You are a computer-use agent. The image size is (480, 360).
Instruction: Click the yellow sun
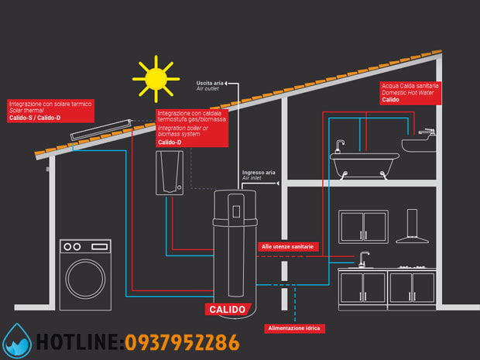(156, 79)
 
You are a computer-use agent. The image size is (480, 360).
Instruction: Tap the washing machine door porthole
(85, 279)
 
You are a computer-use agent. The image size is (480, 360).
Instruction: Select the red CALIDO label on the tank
(228, 309)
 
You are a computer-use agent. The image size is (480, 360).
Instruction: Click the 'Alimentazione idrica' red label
(294, 328)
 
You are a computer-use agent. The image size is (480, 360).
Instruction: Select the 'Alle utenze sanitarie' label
(288, 247)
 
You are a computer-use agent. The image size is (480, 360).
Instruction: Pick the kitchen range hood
(413, 226)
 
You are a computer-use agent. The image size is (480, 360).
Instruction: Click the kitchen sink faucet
(363, 259)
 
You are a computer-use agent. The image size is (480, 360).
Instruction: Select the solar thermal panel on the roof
(101, 130)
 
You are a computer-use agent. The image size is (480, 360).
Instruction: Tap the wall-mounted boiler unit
(170, 173)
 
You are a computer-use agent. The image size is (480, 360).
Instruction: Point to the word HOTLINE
(78, 342)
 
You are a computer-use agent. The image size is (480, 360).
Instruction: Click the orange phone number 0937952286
(182, 342)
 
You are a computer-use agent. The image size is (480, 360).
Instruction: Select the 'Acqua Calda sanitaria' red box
(410, 93)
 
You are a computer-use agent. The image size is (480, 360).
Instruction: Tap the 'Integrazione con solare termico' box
(50, 111)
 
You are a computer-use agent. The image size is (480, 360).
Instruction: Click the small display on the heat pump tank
(236, 211)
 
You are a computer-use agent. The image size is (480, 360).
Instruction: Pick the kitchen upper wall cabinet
(363, 227)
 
